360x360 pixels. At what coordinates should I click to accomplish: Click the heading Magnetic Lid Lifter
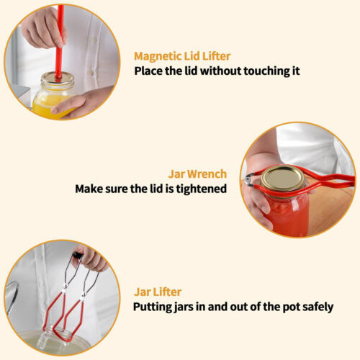click(182, 57)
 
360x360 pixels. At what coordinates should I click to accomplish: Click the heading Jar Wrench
click(197, 174)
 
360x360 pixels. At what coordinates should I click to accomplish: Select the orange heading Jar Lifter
click(158, 292)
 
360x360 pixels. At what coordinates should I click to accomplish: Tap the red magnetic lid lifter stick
click(59, 41)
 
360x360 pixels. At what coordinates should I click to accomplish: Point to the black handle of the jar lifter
click(77, 255)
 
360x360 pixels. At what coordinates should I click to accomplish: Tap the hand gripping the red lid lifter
click(43, 27)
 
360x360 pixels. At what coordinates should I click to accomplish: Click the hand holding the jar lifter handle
click(90, 260)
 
